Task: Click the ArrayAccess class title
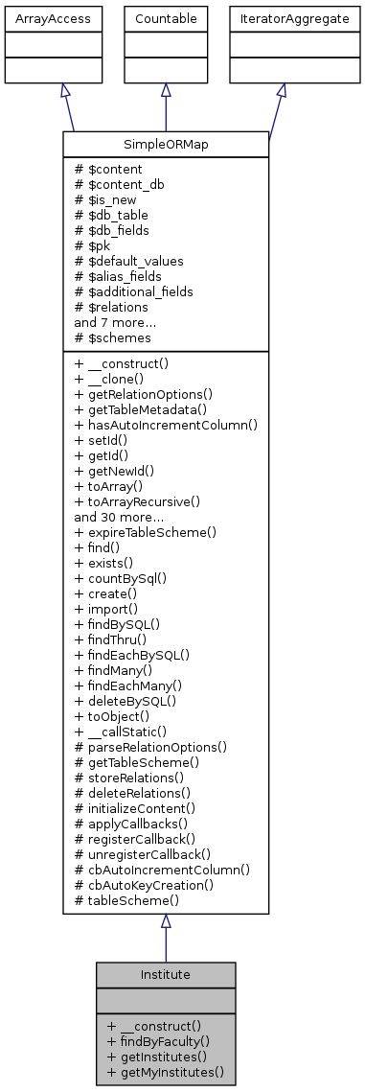[x=39, y=18]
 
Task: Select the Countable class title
[x=166, y=18]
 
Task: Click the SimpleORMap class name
[x=166, y=143]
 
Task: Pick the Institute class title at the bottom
[x=166, y=974]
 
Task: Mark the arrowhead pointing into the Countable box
[x=166, y=90]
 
